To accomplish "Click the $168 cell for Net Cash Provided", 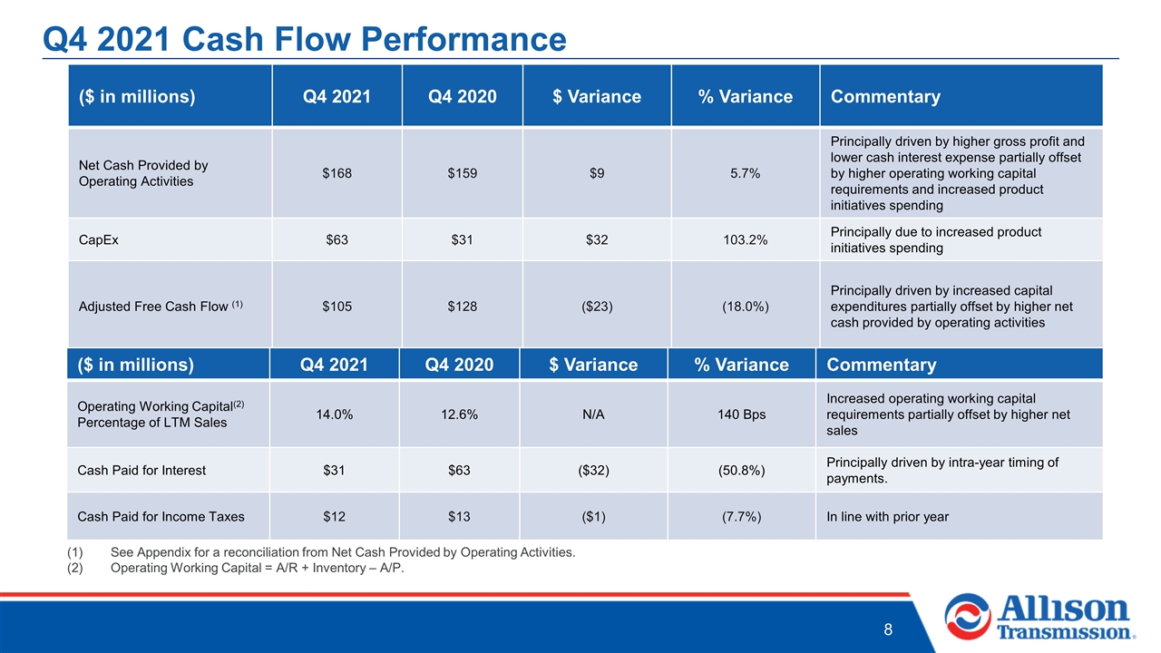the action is click(337, 173).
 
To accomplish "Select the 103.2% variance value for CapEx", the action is click(745, 240).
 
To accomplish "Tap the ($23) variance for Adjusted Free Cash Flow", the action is click(597, 307).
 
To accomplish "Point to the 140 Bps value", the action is click(741, 414).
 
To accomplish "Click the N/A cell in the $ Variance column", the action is click(593, 414).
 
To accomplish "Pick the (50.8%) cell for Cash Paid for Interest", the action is click(741, 470).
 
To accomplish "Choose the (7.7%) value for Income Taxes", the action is click(741, 517).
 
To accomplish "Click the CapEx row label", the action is click(99, 240).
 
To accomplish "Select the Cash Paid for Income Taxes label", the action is click(161, 517).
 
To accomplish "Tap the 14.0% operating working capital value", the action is click(335, 414).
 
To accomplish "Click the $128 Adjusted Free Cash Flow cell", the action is click(462, 307).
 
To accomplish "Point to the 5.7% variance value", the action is click(745, 173).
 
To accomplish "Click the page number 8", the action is click(888, 629).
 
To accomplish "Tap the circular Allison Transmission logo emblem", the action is click(967, 617).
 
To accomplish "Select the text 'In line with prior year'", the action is click(887, 517).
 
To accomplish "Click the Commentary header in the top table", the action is click(885, 96).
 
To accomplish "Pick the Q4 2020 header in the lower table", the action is click(459, 365).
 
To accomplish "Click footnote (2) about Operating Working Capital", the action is click(235, 568).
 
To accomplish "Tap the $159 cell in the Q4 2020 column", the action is click(462, 173).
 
